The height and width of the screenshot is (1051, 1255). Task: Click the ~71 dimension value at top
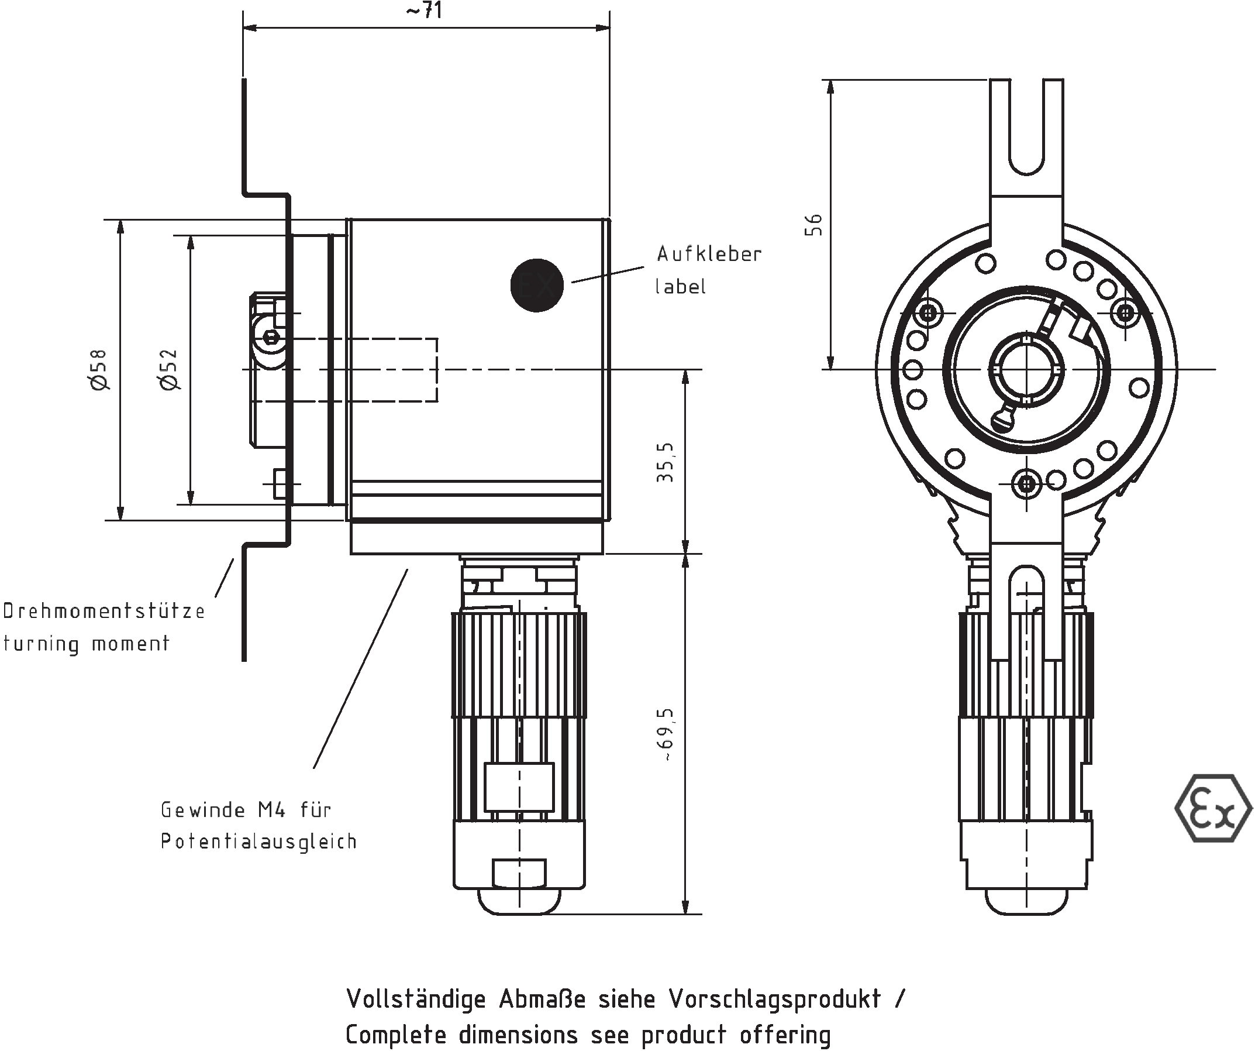pos(425,10)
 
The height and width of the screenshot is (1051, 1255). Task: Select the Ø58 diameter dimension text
pos(99,369)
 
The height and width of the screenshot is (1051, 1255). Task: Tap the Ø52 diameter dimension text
pos(170,369)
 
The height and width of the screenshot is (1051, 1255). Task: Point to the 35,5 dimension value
pos(665,462)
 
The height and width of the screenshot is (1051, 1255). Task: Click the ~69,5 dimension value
pos(665,735)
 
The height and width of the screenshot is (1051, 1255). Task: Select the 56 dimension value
pos(813,225)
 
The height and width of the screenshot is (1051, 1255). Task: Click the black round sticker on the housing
pos(537,285)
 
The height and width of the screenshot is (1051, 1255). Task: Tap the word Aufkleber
pos(709,254)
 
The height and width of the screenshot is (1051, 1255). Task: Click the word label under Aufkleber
pos(680,287)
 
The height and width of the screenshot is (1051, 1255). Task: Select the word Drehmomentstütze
pos(104,611)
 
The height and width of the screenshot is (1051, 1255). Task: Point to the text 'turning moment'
pos(86,644)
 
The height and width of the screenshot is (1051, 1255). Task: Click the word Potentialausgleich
pos(258,841)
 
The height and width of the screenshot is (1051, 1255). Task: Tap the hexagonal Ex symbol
pos(1212,808)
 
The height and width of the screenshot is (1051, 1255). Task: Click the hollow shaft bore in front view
pos(1026,370)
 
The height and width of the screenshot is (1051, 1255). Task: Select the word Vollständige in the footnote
pos(416,999)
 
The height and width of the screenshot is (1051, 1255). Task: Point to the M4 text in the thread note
pos(271,809)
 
